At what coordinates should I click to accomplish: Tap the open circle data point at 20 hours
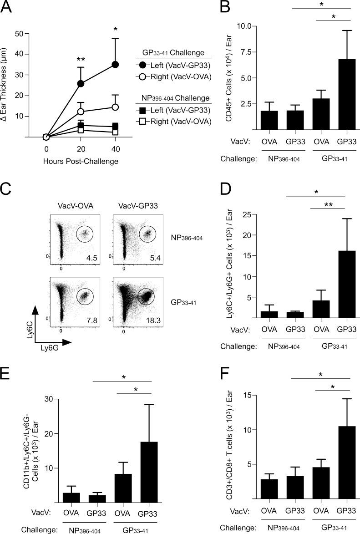click(81, 112)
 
